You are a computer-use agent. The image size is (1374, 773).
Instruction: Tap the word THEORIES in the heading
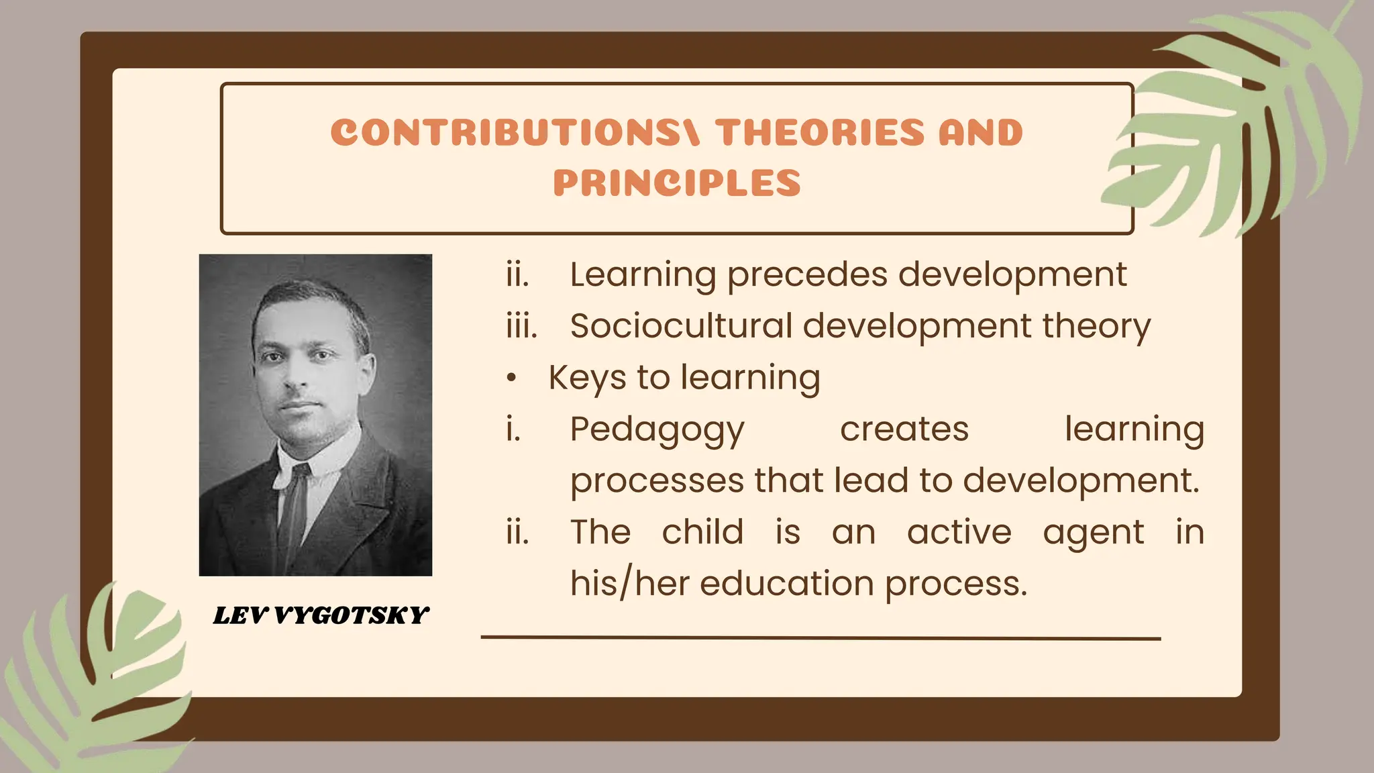pyautogui.click(x=820, y=132)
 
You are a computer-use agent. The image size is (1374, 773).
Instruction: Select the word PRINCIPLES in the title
pyautogui.click(x=677, y=183)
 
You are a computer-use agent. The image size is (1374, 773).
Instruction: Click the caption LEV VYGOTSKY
pyautogui.click(x=321, y=615)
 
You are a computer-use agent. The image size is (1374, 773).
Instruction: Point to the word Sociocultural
pyautogui.click(x=681, y=326)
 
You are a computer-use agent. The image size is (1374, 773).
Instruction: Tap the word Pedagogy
pyautogui.click(x=657, y=430)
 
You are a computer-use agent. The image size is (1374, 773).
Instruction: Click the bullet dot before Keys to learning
pyautogui.click(x=512, y=379)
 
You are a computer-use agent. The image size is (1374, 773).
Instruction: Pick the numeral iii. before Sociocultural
pyautogui.click(x=522, y=326)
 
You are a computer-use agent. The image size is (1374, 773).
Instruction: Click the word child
pyautogui.click(x=702, y=532)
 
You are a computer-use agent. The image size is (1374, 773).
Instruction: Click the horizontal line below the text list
pyautogui.click(x=821, y=638)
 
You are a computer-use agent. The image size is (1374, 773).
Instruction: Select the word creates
pyautogui.click(x=904, y=429)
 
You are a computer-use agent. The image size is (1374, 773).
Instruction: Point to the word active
pyautogui.click(x=959, y=532)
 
